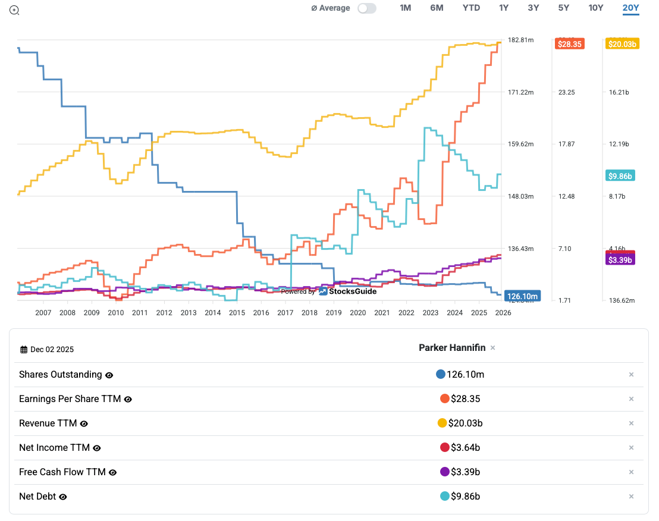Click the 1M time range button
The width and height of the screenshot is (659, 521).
pyautogui.click(x=405, y=8)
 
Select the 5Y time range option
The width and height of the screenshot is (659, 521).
pyautogui.click(x=563, y=8)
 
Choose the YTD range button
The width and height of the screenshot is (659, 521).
pyautogui.click(x=471, y=8)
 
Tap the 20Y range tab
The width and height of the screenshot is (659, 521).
pyautogui.click(x=630, y=8)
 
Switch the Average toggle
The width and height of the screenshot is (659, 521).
pyautogui.click(x=367, y=8)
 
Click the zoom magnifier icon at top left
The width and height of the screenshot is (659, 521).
pyautogui.click(x=14, y=10)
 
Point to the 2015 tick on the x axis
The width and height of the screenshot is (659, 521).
pyautogui.click(x=237, y=313)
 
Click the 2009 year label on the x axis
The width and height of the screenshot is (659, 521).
pyautogui.click(x=91, y=313)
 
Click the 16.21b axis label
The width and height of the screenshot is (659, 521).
pyautogui.click(x=619, y=92)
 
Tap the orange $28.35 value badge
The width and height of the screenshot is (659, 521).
pyautogui.click(x=570, y=43)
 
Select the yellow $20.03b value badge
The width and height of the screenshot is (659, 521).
pyautogui.click(x=622, y=43)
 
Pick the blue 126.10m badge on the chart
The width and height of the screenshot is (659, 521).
pyautogui.click(x=522, y=296)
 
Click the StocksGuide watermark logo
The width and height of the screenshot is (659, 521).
pyautogui.click(x=348, y=291)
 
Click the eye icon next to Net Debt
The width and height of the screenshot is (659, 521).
pyautogui.click(x=62, y=497)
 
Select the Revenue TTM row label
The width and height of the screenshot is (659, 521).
pyautogui.click(x=47, y=423)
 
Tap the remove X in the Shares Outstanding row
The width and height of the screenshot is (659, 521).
pyautogui.click(x=631, y=375)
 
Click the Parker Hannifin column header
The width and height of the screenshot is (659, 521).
pyautogui.click(x=451, y=348)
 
